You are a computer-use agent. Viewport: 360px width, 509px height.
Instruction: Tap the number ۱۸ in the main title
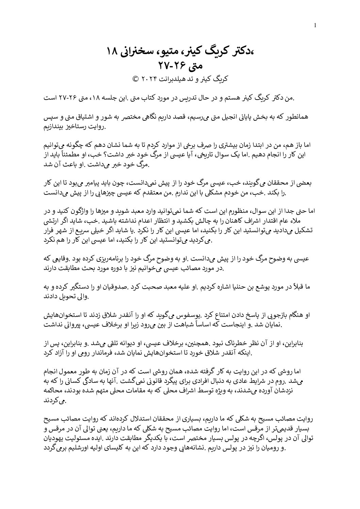pyautogui.click(x=112, y=52)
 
